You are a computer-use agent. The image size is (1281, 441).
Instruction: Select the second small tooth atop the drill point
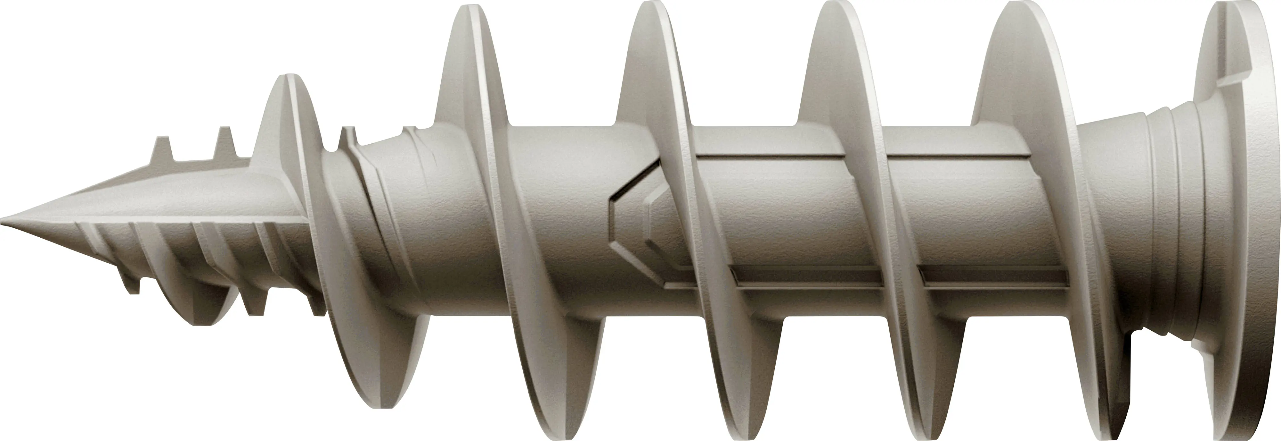225,141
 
